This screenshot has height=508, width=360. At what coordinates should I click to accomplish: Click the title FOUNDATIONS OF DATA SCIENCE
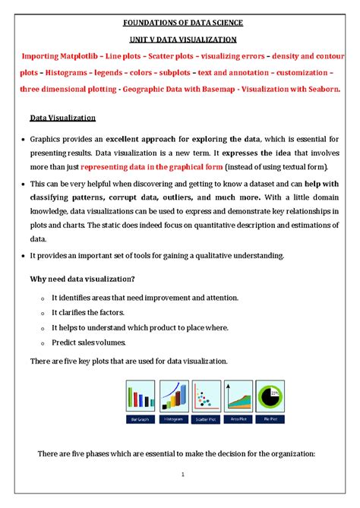click(180, 23)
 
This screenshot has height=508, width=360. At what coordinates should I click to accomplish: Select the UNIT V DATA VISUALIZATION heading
click(180, 39)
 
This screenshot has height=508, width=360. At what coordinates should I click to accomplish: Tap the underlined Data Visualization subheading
click(62, 118)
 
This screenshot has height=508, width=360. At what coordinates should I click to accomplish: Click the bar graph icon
click(140, 396)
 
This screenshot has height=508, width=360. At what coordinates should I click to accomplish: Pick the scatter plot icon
click(206, 396)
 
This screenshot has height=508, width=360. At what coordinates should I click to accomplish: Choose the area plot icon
click(238, 396)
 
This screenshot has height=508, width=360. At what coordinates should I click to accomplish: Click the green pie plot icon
click(270, 396)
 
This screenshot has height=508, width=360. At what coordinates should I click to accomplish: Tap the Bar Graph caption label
click(140, 418)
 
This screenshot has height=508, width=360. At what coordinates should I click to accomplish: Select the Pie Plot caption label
click(270, 418)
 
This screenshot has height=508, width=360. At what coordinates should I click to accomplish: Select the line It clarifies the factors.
click(88, 312)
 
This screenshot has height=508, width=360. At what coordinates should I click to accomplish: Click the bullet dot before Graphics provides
click(23, 140)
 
